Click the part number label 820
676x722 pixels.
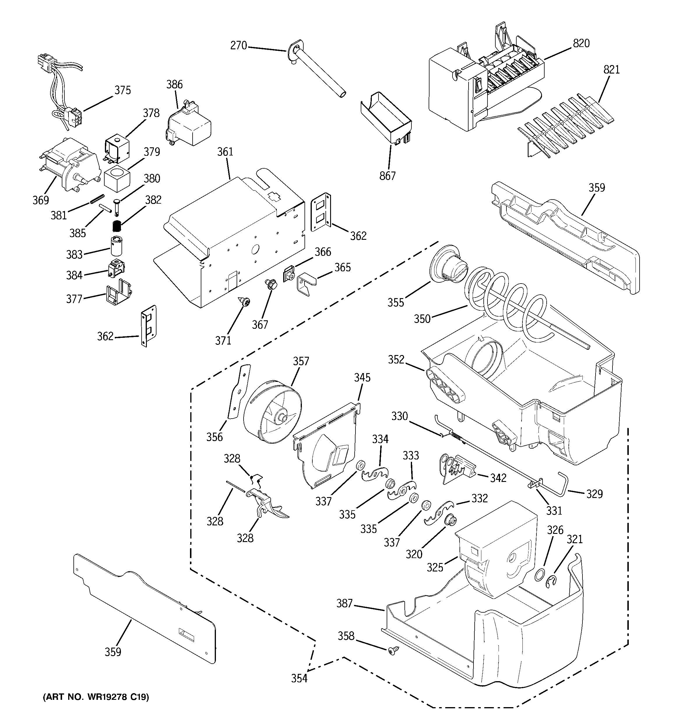point(581,43)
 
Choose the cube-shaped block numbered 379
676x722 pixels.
point(117,179)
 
